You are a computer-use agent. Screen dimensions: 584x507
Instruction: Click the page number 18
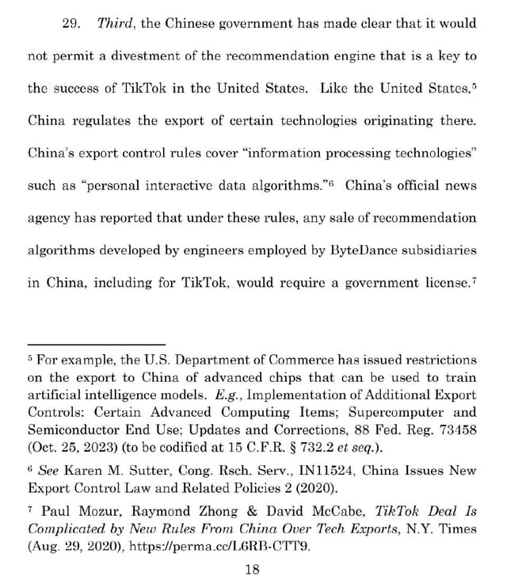[253, 568]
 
